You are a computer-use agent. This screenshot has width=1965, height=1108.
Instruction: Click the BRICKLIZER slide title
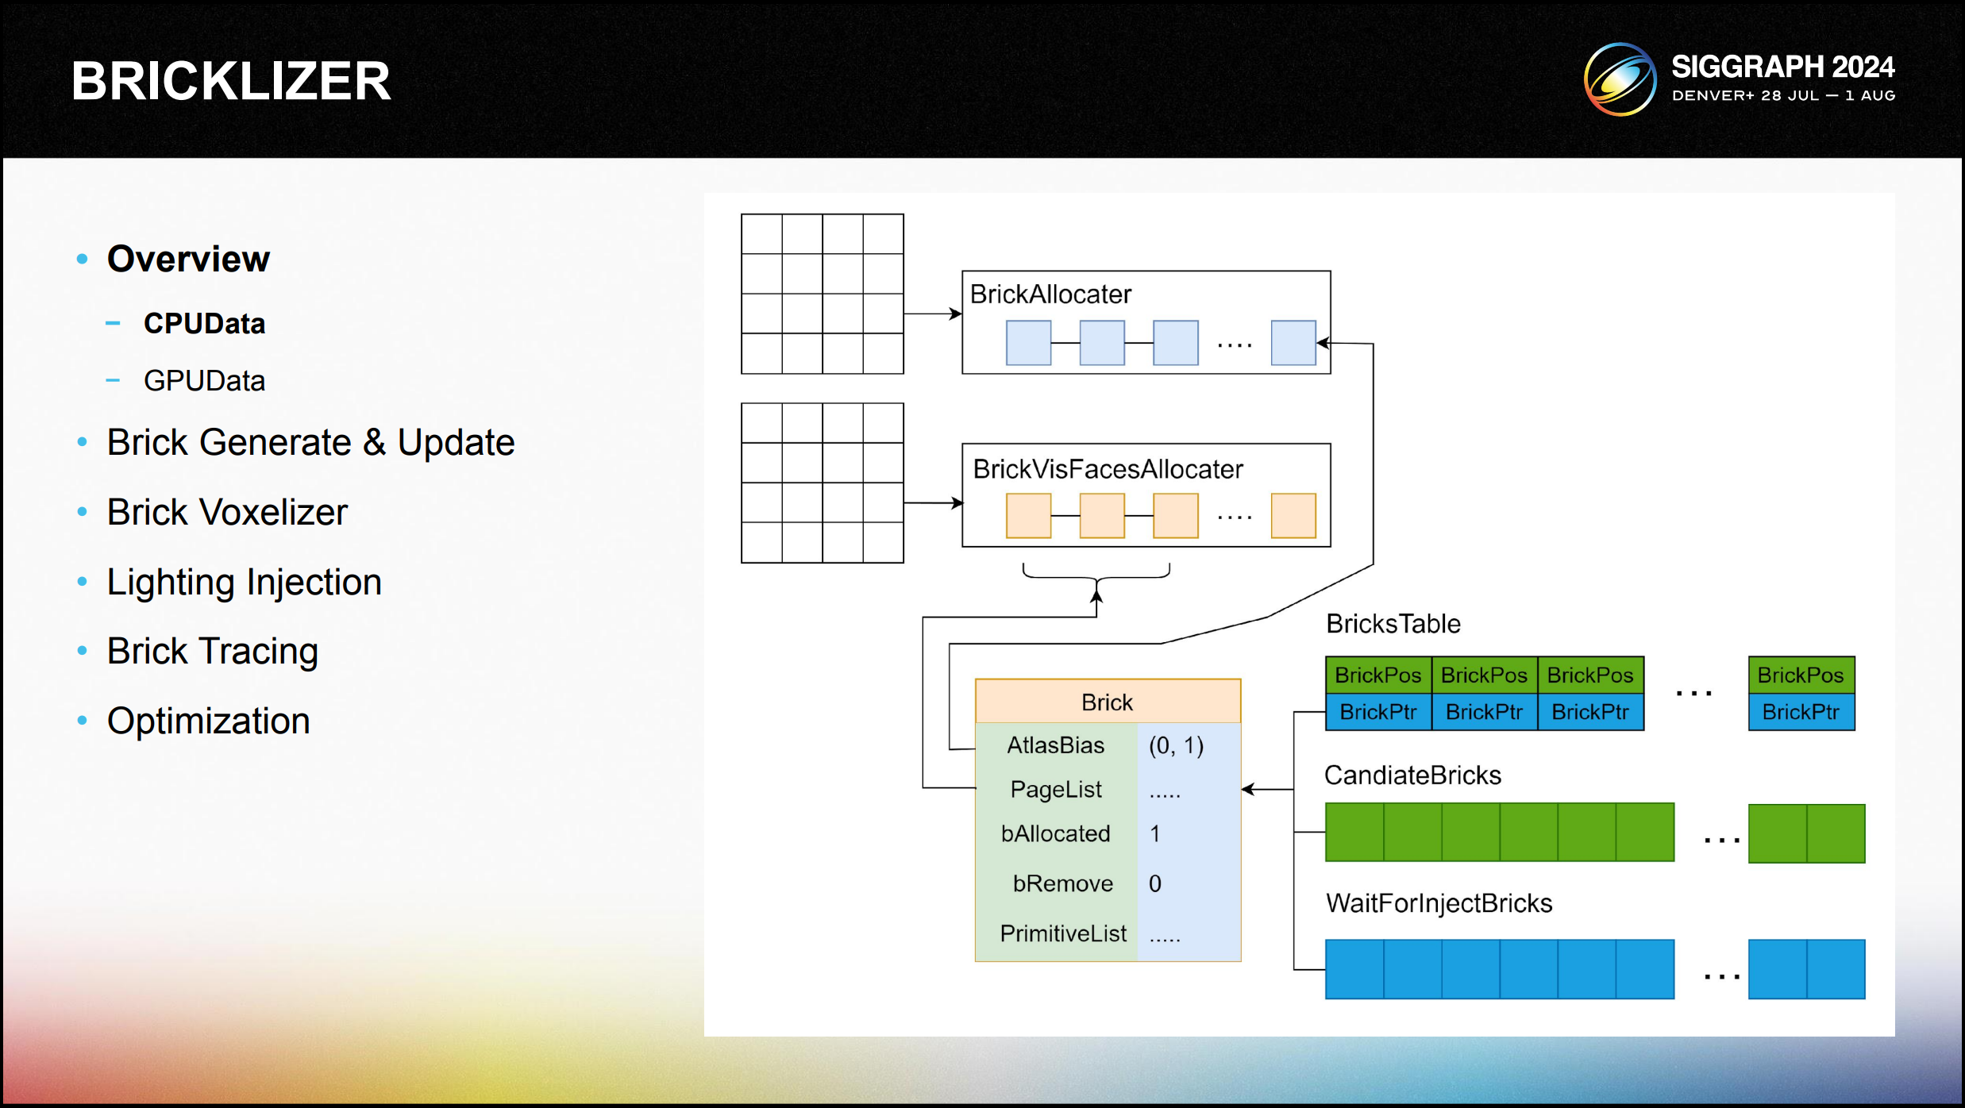click(x=231, y=81)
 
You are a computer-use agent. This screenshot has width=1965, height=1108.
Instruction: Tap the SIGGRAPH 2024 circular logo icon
click(x=1620, y=79)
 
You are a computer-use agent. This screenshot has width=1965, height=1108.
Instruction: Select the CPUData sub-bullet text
click(x=204, y=324)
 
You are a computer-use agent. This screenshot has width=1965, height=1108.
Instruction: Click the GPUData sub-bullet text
click(x=204, y=381)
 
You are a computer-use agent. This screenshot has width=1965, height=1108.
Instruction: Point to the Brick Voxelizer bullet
click(x=227, y=512)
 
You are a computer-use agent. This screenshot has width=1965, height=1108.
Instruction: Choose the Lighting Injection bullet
click(x=244, y=582)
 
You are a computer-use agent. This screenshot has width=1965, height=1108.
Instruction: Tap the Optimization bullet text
click(x=208, y=721)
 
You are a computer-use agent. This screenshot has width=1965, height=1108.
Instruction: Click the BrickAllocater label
click(x=1050, y=294)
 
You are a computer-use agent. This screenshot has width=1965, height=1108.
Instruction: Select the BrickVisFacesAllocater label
click(x=1108, y=469)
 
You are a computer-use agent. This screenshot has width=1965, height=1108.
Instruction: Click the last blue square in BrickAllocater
click(x=1293, y=343)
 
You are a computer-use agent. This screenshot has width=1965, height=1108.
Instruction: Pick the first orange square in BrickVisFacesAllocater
click(x=1028, y=516)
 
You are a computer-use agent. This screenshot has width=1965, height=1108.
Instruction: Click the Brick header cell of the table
click(x=1107, y=702)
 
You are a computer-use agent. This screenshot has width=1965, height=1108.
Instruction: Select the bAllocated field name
click(x=1055, y=833)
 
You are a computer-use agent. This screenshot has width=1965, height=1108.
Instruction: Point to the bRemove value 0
click(x=1155, y=883)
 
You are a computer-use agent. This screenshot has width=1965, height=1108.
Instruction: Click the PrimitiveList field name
click(x=1062, y=933)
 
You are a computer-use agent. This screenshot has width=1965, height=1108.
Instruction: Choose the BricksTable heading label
click(x=1393, y=624)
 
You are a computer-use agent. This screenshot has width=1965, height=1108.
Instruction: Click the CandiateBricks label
click(x=1412, y=775)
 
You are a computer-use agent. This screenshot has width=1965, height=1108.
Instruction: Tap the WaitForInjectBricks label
click(x=1439, y=903)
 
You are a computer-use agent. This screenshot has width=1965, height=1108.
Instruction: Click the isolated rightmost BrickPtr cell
click(x=1801, y=712)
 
